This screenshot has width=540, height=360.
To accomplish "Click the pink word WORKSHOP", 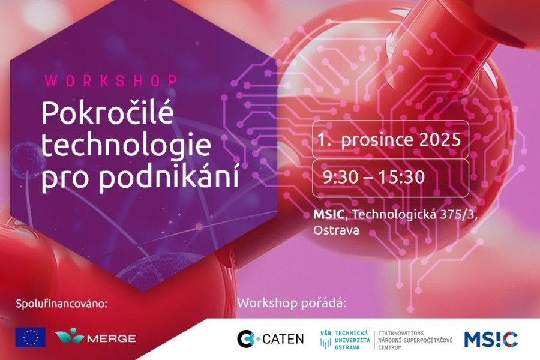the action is point(111,80).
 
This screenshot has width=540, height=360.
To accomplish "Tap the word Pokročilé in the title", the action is point(107,113).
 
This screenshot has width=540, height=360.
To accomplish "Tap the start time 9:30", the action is point(340,177).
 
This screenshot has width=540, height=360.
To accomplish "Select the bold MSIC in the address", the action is point(329,214).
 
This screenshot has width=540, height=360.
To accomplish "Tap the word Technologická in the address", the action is point(394,215).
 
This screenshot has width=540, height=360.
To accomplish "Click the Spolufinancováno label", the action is point(62,304).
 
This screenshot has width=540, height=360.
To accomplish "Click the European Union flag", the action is point(31,337).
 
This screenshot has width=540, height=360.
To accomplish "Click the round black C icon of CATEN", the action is point(246,338).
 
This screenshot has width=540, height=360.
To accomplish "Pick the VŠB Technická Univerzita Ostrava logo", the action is point(345,340).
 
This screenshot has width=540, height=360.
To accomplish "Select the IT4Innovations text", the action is point(401,334).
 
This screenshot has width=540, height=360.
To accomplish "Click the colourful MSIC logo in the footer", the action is point(491,339).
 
